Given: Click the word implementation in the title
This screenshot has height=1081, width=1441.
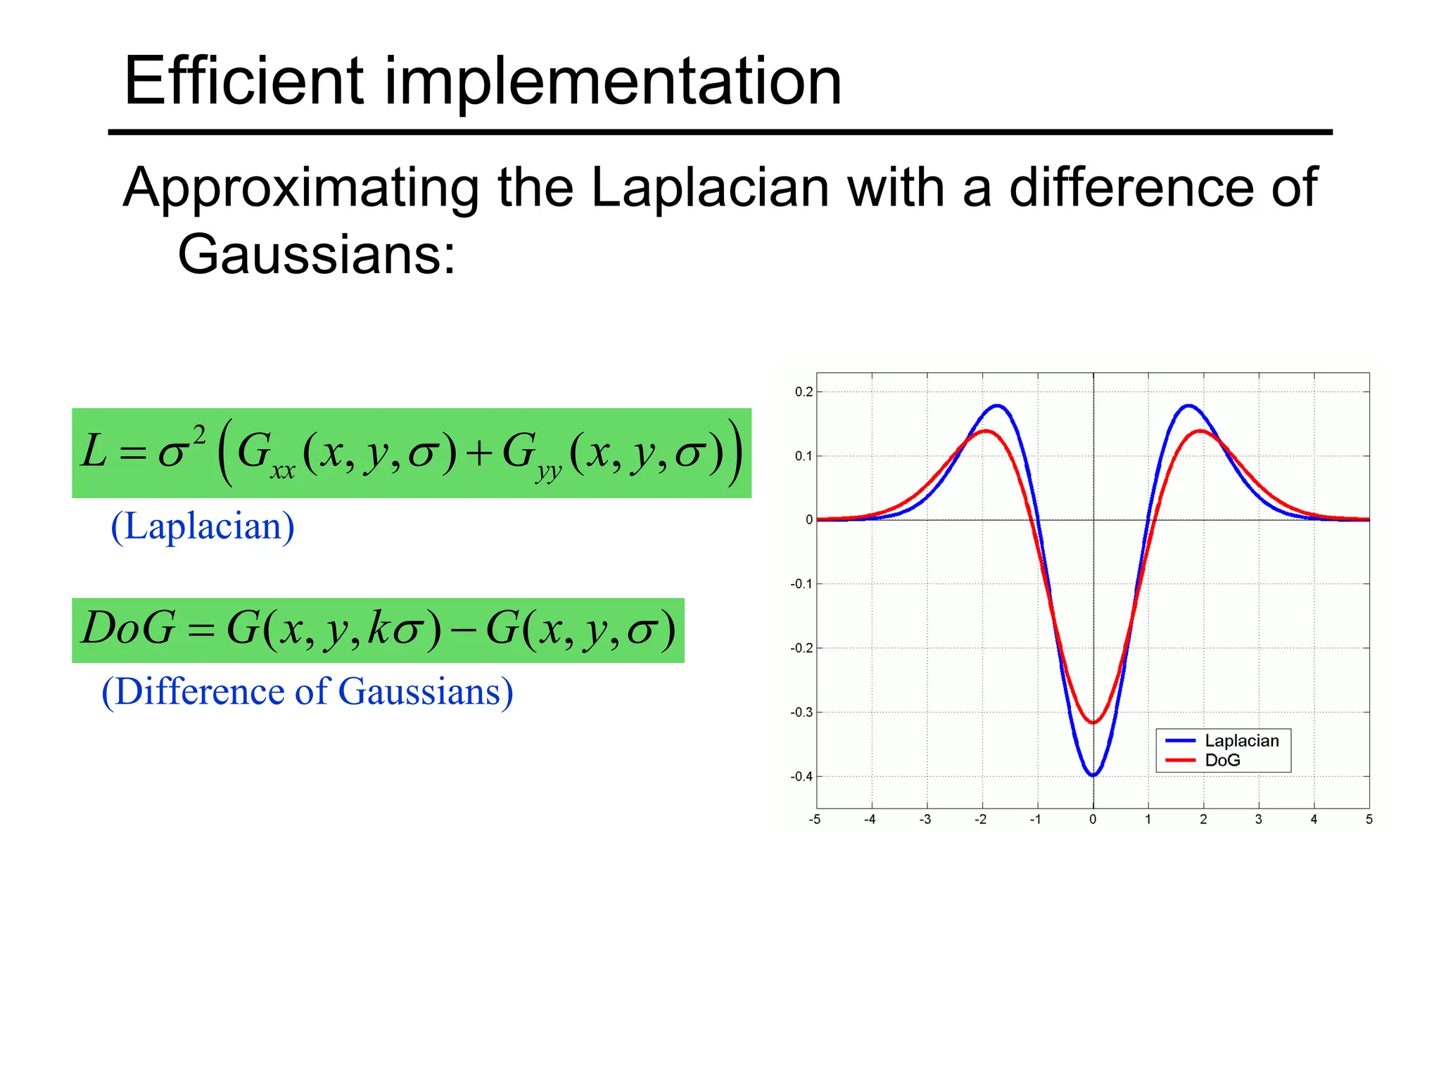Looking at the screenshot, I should pyautogui.click(x=612, y=83).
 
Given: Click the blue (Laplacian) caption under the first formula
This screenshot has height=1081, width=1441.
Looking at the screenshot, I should pyautogui.click(x=203, y=526).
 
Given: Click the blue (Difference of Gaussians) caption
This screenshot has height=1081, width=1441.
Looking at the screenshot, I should pyautogui.click(x=307, y=692).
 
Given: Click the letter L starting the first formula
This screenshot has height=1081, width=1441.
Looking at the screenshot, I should pyautogui.click(x=94, y=451).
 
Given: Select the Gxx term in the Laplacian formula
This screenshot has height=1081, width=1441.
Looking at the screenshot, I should pyautogui.click(x=263, y=454).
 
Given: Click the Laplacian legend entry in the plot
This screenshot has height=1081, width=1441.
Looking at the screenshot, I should pyautogui.click(x=1241, y=740).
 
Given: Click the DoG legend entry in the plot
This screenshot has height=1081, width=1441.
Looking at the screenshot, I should pyautogui.click(x=1222, y=760).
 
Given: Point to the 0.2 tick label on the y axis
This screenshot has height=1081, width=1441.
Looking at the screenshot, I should pyautogui.click(x=804, y=392).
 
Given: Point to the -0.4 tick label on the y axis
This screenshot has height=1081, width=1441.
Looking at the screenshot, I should pyautogui.click(x=801, y=777).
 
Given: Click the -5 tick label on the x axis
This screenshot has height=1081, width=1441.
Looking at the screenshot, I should pyautogui.click(x=815, y=819).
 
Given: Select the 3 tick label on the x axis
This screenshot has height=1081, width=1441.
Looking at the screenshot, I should pyautogui.click(x=1259, y=819).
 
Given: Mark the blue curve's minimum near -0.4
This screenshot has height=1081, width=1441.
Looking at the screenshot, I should pyautogui.click(x=1093, y=775).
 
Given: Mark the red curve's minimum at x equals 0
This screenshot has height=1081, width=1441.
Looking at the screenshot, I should pyautogui.click(x=1093, y=722).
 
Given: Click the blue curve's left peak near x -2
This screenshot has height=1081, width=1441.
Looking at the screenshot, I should pyautogui.click(x=997, y=405).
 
